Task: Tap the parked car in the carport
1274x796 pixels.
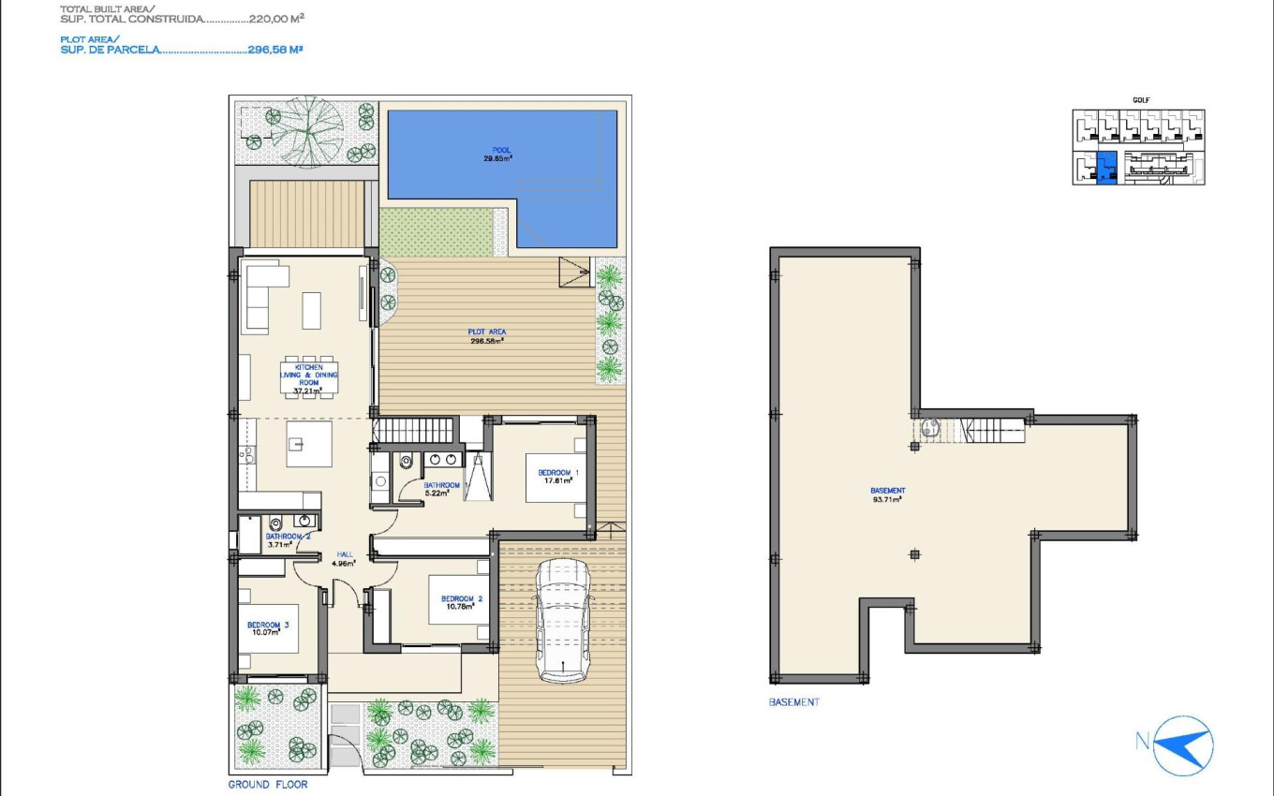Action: (x=562, y=622)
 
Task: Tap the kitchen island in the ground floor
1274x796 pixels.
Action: (x=309, y=444)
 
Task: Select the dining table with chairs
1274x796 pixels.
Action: (x=309, y=377)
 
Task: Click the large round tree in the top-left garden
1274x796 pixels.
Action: (x=306, y=131)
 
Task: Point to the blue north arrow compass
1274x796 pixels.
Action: (x=1182, y=744)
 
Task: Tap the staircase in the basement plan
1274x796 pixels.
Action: (x=995, y=431)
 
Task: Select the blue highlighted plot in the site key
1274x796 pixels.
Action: (x=1106, y=167)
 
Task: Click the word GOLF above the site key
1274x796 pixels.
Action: (x=1140, y=99)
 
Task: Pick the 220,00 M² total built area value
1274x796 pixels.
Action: (x=276, y=18)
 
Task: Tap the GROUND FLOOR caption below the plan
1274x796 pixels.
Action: (x=267, y=785)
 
